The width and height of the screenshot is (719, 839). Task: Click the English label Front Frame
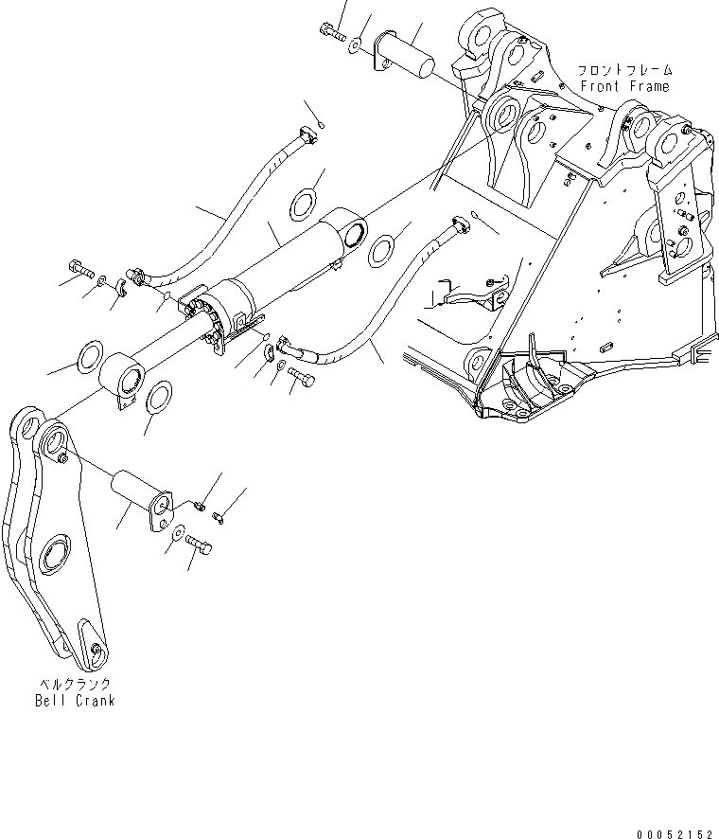point(624,86)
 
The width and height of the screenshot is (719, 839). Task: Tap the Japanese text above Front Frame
point(625,70)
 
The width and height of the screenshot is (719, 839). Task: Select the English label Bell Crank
point(74,701)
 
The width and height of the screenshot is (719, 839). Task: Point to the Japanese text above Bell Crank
point(74,684)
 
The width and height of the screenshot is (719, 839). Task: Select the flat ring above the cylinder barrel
point(305,202)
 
